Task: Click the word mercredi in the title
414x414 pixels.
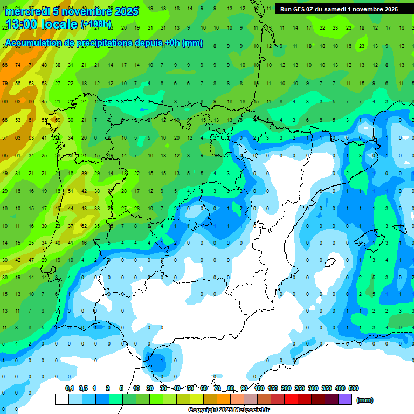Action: (27, 11)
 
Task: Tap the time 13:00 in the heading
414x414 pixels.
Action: (23, 24)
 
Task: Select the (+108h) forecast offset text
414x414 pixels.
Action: (96, 24)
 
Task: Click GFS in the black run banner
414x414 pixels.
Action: (298, 9)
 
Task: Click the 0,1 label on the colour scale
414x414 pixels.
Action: (69, 388)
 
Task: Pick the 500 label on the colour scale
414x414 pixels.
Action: (354, 388)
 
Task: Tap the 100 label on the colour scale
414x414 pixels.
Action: (259, 388)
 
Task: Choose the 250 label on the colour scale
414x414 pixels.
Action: (300, 388)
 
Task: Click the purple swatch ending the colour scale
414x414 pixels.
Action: (345, 399)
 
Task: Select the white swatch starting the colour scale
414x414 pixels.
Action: (62, 399)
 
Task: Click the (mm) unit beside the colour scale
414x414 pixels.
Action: (365, 400)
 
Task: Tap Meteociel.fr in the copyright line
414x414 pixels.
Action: (251, 410)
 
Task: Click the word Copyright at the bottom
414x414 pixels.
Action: (204, 410)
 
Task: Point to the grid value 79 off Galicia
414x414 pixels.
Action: (4, 83)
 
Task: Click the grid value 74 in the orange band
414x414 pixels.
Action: (18, 65)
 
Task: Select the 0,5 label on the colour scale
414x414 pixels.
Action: (83, 388)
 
